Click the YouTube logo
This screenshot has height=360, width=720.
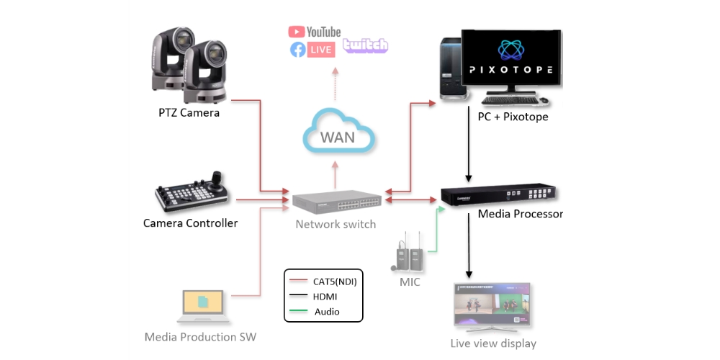pos(315,32)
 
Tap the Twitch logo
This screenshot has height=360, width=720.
pos(366,45)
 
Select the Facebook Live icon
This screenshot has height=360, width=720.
pos(312,50)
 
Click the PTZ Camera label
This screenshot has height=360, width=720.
pos(189,113)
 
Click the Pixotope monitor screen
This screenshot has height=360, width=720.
pos(510,59)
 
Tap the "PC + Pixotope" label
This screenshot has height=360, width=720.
pos(513,116)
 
